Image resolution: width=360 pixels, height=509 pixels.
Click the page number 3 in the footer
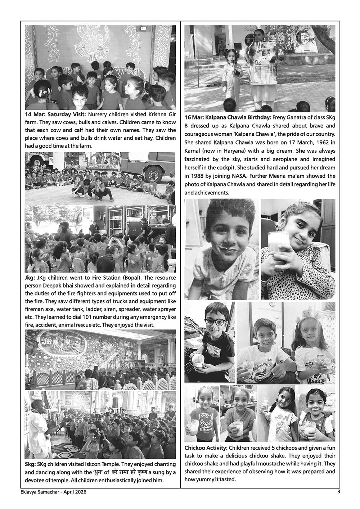tap(338, 492)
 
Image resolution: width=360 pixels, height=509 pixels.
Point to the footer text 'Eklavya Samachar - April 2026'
tap(52, 492)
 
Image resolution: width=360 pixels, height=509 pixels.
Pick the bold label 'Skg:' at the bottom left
tap(31, 464)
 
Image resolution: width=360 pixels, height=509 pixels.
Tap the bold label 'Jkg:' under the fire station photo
tap(30, 278)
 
